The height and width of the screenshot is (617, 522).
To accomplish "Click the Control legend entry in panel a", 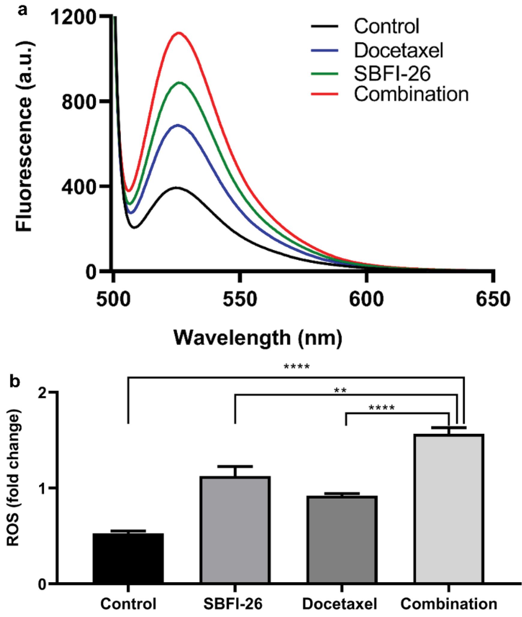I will tap(386, 26).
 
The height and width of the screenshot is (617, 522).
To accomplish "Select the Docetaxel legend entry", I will tap(398, 50).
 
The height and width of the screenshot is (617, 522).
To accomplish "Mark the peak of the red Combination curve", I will tap(179, 33).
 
